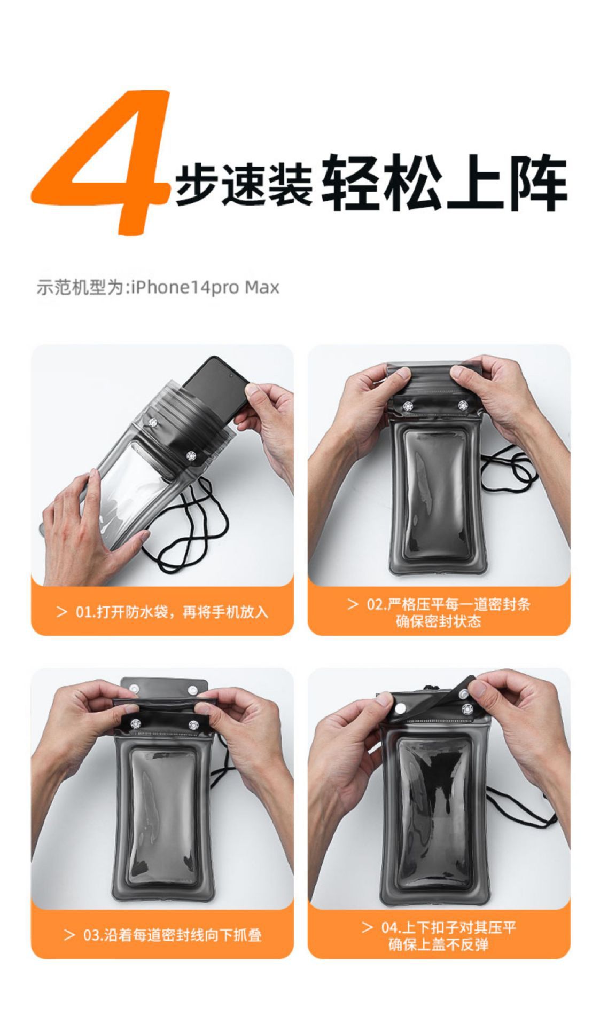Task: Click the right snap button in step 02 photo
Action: coord(462,405)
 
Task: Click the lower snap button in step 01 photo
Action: coord(190,456)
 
